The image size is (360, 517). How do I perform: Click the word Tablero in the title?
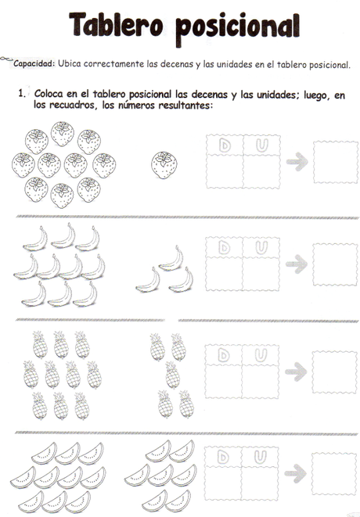[x=116, y=25]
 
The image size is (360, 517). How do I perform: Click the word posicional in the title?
[x=238, y=28]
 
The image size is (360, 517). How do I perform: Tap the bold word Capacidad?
[x=34, y=64]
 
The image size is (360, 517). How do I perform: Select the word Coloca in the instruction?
[x=49, y=94]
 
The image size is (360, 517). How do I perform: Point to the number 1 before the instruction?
[x=22, y=93]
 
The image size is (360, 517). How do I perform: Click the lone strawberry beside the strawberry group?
[x=164, y=165]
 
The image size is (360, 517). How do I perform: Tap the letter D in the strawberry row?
[x=225, y=145]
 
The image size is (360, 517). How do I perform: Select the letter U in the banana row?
[x=261, y=248]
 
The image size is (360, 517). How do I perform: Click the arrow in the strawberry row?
[x=297, y=162]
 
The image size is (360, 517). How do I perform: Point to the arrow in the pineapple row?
[x=296, y=372]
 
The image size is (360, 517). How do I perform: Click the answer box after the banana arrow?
[x=335, y=264]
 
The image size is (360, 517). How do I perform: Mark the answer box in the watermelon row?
[x=334, y=474]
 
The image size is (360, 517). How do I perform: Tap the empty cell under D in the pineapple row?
[x=223, y=382]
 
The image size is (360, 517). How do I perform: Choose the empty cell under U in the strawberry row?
[x=261, y=172]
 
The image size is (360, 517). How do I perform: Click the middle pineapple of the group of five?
[x=172, y=375]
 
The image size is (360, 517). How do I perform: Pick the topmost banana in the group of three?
[x=171, y=258]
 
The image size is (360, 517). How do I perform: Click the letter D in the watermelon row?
[x=223, y=457]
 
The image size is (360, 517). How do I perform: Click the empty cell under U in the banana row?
[x=261, y=275]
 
